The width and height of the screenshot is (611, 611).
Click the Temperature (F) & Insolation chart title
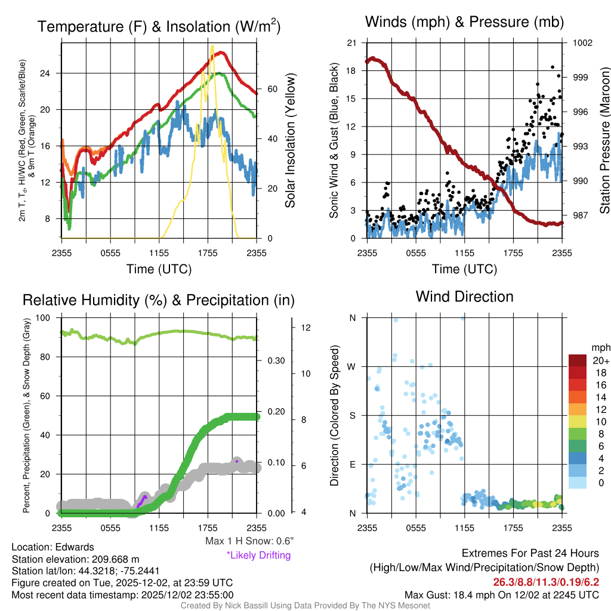(159, 27)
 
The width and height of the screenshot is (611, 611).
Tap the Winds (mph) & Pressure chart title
(464, 23)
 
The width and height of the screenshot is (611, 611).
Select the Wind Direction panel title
(464, 297)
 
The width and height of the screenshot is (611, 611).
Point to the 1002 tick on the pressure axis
(582, 43)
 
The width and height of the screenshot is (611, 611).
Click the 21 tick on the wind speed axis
(351, 43)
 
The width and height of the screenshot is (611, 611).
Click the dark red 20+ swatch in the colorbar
(578, 360)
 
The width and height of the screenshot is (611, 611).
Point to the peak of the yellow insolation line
(212, 45)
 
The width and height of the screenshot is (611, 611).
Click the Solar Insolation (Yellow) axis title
(291, 141)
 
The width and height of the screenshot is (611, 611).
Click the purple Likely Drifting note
(258, 556)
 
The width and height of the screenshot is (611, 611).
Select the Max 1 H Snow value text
(249, 541)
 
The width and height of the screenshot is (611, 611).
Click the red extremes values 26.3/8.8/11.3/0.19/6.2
(545, 582)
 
